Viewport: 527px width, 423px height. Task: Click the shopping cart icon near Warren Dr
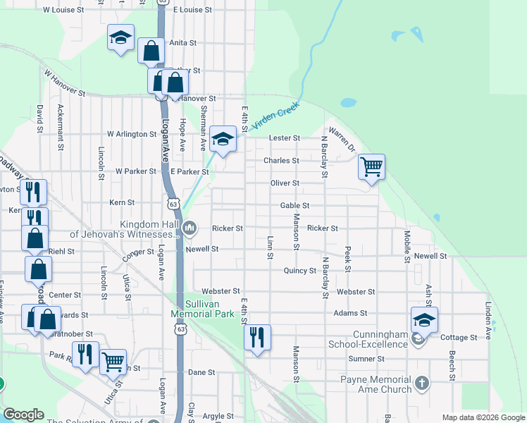(x=371, y=167)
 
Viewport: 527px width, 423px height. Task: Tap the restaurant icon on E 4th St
(x=257, y=337)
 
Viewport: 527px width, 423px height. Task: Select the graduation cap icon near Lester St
(x=223, y=138)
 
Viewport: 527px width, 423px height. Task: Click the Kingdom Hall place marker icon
(x=190, y=228)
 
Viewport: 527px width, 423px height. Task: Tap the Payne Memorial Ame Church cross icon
(x=421, y=384)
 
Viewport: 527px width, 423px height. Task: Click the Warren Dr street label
(x=342, y=138)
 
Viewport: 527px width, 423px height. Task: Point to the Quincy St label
(x=300, y=271)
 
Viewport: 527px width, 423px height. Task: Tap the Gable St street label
(x=295, y=205)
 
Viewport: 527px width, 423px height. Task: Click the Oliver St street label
(x=285, y=183)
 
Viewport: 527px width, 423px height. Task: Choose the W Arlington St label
(x=132, y=134)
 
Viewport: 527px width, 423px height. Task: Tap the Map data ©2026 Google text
(x=483, y=417)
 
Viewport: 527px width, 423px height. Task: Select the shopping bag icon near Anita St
(x=151, y=50)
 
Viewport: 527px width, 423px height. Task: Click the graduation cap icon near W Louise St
(x=120, y=37)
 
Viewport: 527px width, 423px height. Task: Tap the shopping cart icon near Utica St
(x=113, y=362)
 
